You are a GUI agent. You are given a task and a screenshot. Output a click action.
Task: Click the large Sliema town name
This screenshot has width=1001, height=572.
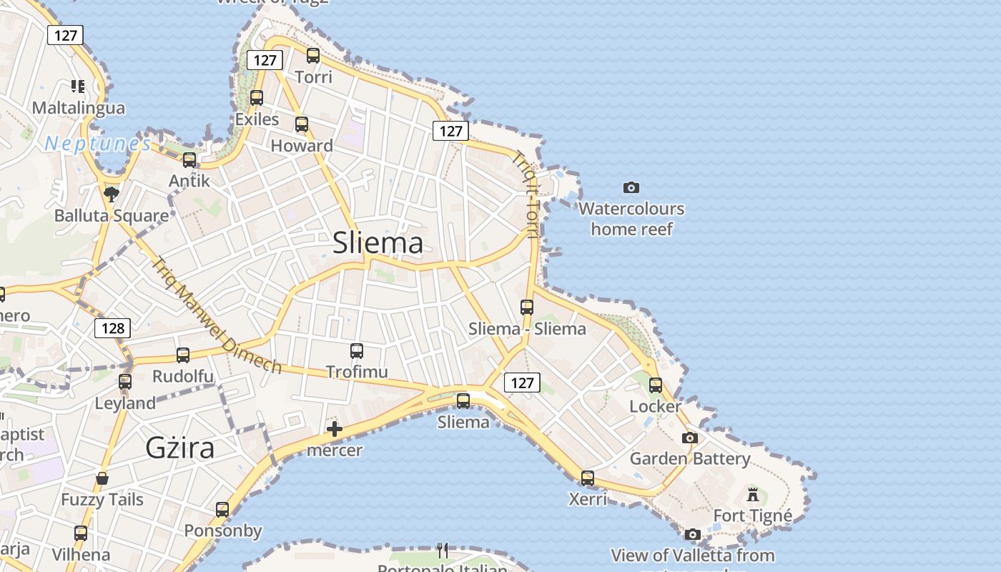(x=378, y=244)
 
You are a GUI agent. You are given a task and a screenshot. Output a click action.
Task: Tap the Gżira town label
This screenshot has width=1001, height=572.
(x=180, y=448)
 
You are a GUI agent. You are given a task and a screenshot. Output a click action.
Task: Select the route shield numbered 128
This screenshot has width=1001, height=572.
(x=113, y=328)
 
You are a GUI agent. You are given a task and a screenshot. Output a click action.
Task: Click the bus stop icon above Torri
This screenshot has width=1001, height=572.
(x=313, y=55)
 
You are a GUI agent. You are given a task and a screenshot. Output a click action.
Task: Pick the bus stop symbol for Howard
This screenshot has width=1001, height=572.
(x=302, y=124)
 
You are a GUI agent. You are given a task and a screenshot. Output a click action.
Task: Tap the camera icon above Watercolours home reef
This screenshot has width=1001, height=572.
(x=631, y=187)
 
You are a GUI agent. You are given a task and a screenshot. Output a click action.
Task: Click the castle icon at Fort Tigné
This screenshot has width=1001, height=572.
(x=753, y=494)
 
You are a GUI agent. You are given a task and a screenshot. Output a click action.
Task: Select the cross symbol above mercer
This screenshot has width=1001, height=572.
(x=334, y=429)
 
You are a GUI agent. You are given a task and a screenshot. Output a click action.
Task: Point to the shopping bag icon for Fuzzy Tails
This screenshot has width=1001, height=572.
(x=102, y=478)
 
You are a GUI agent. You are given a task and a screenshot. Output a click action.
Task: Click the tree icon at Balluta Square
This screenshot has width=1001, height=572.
(x=111, y=193)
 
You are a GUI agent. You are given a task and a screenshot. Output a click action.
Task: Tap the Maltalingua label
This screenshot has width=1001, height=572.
(x=79, y=108)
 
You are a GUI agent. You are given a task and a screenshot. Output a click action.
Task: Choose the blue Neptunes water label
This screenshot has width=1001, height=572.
(x=98, y=144)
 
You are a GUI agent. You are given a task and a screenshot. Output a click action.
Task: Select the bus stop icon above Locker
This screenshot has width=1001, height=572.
(x=656, y=385)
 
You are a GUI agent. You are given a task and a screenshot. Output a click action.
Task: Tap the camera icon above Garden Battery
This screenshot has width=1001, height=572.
(x=690, y=438)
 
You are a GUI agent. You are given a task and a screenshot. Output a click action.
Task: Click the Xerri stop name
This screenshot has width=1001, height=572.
(x=588, y=499)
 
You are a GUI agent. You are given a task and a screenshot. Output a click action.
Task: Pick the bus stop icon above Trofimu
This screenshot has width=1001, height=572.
(x=357, y=350)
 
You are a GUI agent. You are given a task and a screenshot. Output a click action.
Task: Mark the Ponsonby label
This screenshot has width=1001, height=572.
(x=223, y=531)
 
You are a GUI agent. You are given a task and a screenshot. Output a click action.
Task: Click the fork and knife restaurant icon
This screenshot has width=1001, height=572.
(x=443, y=550)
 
